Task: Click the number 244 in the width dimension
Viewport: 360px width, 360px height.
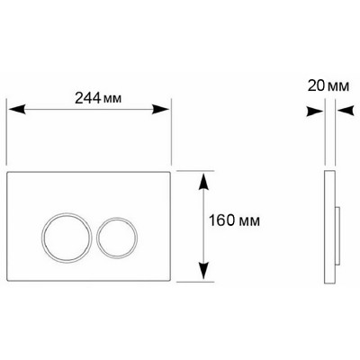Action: [87, 98]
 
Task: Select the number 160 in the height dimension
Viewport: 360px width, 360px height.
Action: [221, 220]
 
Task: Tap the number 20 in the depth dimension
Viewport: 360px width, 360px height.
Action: [316, 86]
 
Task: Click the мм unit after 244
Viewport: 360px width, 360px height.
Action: [112, 99]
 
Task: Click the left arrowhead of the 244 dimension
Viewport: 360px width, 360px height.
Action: [16, 109]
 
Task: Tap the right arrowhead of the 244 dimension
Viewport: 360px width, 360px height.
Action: [160, 109]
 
